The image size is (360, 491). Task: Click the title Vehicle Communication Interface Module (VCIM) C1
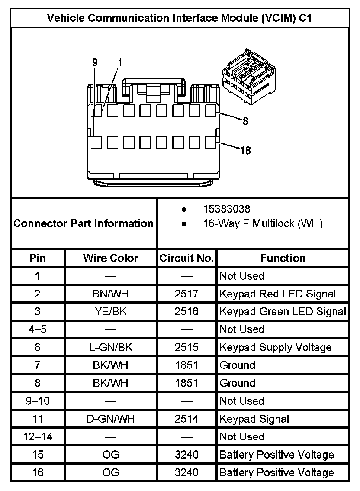(180, 18)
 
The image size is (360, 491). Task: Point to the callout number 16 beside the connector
(245, 150)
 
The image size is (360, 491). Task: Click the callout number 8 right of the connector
(245, 121)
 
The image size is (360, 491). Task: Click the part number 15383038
(227, 209)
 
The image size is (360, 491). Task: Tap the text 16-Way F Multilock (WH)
(263, 224)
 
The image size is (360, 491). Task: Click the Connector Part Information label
(84, 223)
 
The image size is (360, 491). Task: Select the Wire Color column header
(110, 258)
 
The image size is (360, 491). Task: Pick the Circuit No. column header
(187, 258)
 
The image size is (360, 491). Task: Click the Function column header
(283, 258)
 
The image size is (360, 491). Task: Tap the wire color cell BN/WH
(110, 294)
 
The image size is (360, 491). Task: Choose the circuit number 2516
(187, 312)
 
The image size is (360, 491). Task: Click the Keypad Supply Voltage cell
(276, 347)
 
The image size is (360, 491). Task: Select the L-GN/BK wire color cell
(110, 347)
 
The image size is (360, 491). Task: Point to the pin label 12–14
(38, 436)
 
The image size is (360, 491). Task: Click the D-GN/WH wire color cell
(110, 419)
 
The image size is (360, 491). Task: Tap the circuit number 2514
(187, 419)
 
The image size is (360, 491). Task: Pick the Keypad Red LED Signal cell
(277, 294)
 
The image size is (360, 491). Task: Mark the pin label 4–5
(38, 329)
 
